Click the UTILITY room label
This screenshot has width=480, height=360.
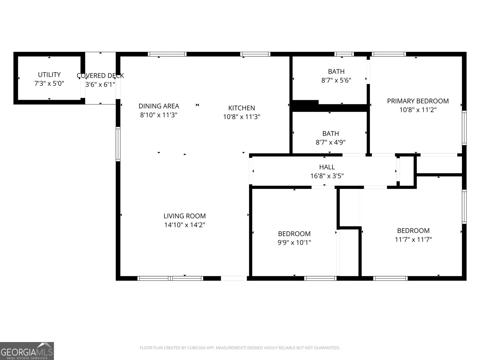(x=49, y=74)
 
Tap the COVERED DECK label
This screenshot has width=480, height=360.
(x=100, y=76)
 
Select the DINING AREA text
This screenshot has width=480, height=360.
(x=159, y=106)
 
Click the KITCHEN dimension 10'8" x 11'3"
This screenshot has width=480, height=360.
(x=241, y=117)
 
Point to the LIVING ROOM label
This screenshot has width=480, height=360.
(x=184, y=216)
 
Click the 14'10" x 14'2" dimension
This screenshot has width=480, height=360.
(x=184, y=225)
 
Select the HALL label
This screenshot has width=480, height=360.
(x=327, y=167)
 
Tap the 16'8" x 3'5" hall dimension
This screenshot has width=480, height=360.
(x=327, y=176)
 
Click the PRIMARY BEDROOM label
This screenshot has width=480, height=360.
(x=418, y=101)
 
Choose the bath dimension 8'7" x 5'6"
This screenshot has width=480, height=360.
(x=336, y=80)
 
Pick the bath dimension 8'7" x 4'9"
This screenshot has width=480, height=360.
(x=330, y=142)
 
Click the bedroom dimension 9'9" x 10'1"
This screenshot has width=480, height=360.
(x=294, y=242)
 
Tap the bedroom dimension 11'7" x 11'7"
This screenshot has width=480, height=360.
(x=413, y=239)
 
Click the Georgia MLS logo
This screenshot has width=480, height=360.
(x=27, y=351)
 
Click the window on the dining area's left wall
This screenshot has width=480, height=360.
(x=118, y=144)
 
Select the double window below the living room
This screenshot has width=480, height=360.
(x=170, y=278)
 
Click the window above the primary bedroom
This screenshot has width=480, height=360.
(x=389, y=54)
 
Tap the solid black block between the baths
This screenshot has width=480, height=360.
(x=305, y=105)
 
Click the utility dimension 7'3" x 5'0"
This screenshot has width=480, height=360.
(x=49, y=83)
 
